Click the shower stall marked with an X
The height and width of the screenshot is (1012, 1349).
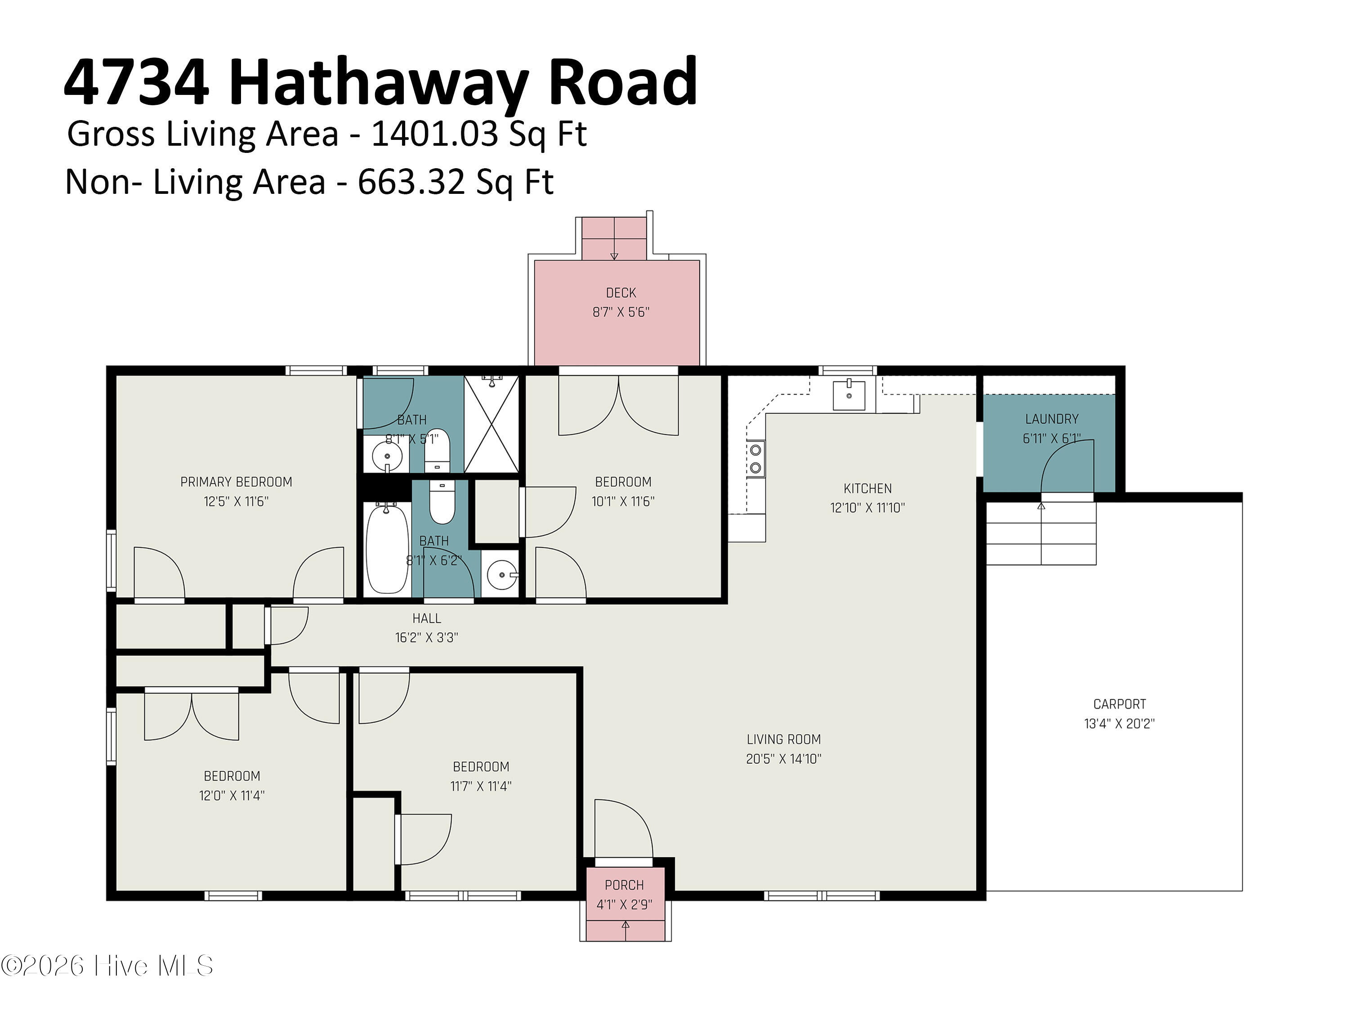[491, 424]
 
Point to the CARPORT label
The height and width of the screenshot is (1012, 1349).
[1119, 704]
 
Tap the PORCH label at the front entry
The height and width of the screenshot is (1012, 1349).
[624, 885]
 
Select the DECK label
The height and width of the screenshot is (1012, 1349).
[621, 293]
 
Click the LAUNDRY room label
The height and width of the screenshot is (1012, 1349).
[1051, 419]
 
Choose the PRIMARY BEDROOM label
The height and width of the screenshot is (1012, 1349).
[236, 482]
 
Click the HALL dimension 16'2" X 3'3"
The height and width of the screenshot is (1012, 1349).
[426, 637]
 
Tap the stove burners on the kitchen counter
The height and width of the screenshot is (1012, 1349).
[755, 459]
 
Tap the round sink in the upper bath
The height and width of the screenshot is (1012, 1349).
[387, 455]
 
